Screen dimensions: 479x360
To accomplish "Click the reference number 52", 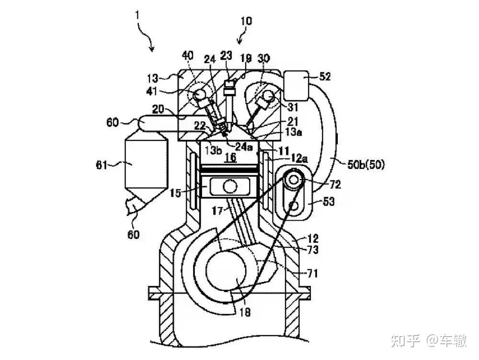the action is (x=324, y=76).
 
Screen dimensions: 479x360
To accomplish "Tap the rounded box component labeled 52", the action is (x=296, y=86).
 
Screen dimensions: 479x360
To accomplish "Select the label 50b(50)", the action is (x=366, y=165).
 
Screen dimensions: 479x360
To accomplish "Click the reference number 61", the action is (x=102, y=165).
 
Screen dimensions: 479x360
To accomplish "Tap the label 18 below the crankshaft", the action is (x=245, y=312).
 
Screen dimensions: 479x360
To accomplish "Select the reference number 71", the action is (x=312, y=273).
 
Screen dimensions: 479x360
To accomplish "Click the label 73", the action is (x=312, y=250).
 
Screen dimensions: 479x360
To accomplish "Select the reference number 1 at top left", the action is (x=138, y=15).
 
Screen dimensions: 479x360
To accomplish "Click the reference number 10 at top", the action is (x=246, y=21).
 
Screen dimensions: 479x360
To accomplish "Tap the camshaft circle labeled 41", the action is (x=200, y=93).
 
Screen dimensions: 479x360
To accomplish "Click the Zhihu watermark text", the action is (x=429, y=340).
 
